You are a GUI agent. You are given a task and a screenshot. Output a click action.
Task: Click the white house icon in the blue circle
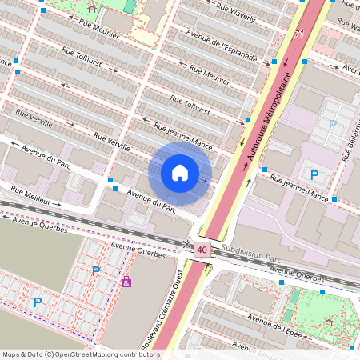click(180, 173)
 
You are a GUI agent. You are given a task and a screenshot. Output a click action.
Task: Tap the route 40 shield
click(202, 250)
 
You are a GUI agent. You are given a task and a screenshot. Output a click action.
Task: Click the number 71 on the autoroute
click(299, 34)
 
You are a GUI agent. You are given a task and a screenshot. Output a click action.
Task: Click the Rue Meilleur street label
click(36, 197)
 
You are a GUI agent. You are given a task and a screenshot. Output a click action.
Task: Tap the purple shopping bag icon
click(126, 282)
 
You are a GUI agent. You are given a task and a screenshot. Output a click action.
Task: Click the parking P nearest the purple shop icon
click(96, 271)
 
